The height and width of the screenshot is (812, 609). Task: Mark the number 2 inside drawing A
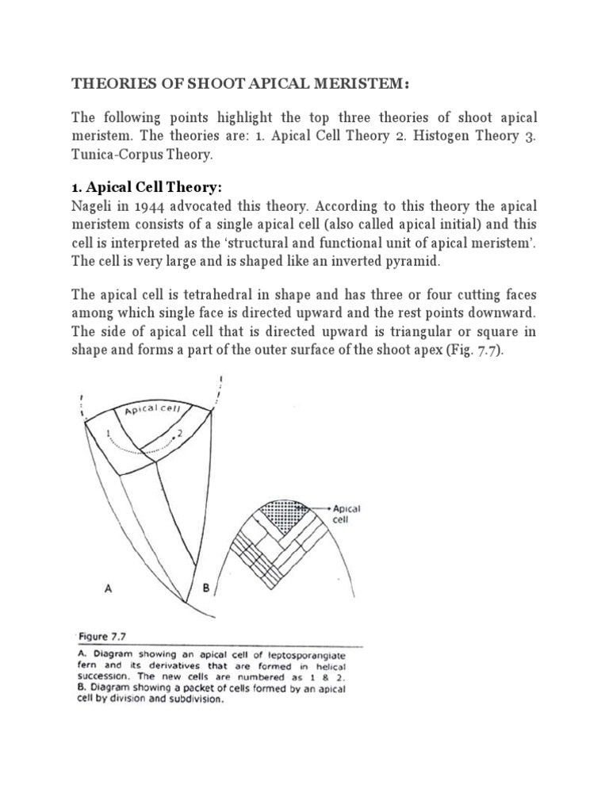click(181, 434)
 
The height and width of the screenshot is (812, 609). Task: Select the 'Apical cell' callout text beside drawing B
click(347, 515)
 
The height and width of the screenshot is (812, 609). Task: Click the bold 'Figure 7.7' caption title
click(105, 636)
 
